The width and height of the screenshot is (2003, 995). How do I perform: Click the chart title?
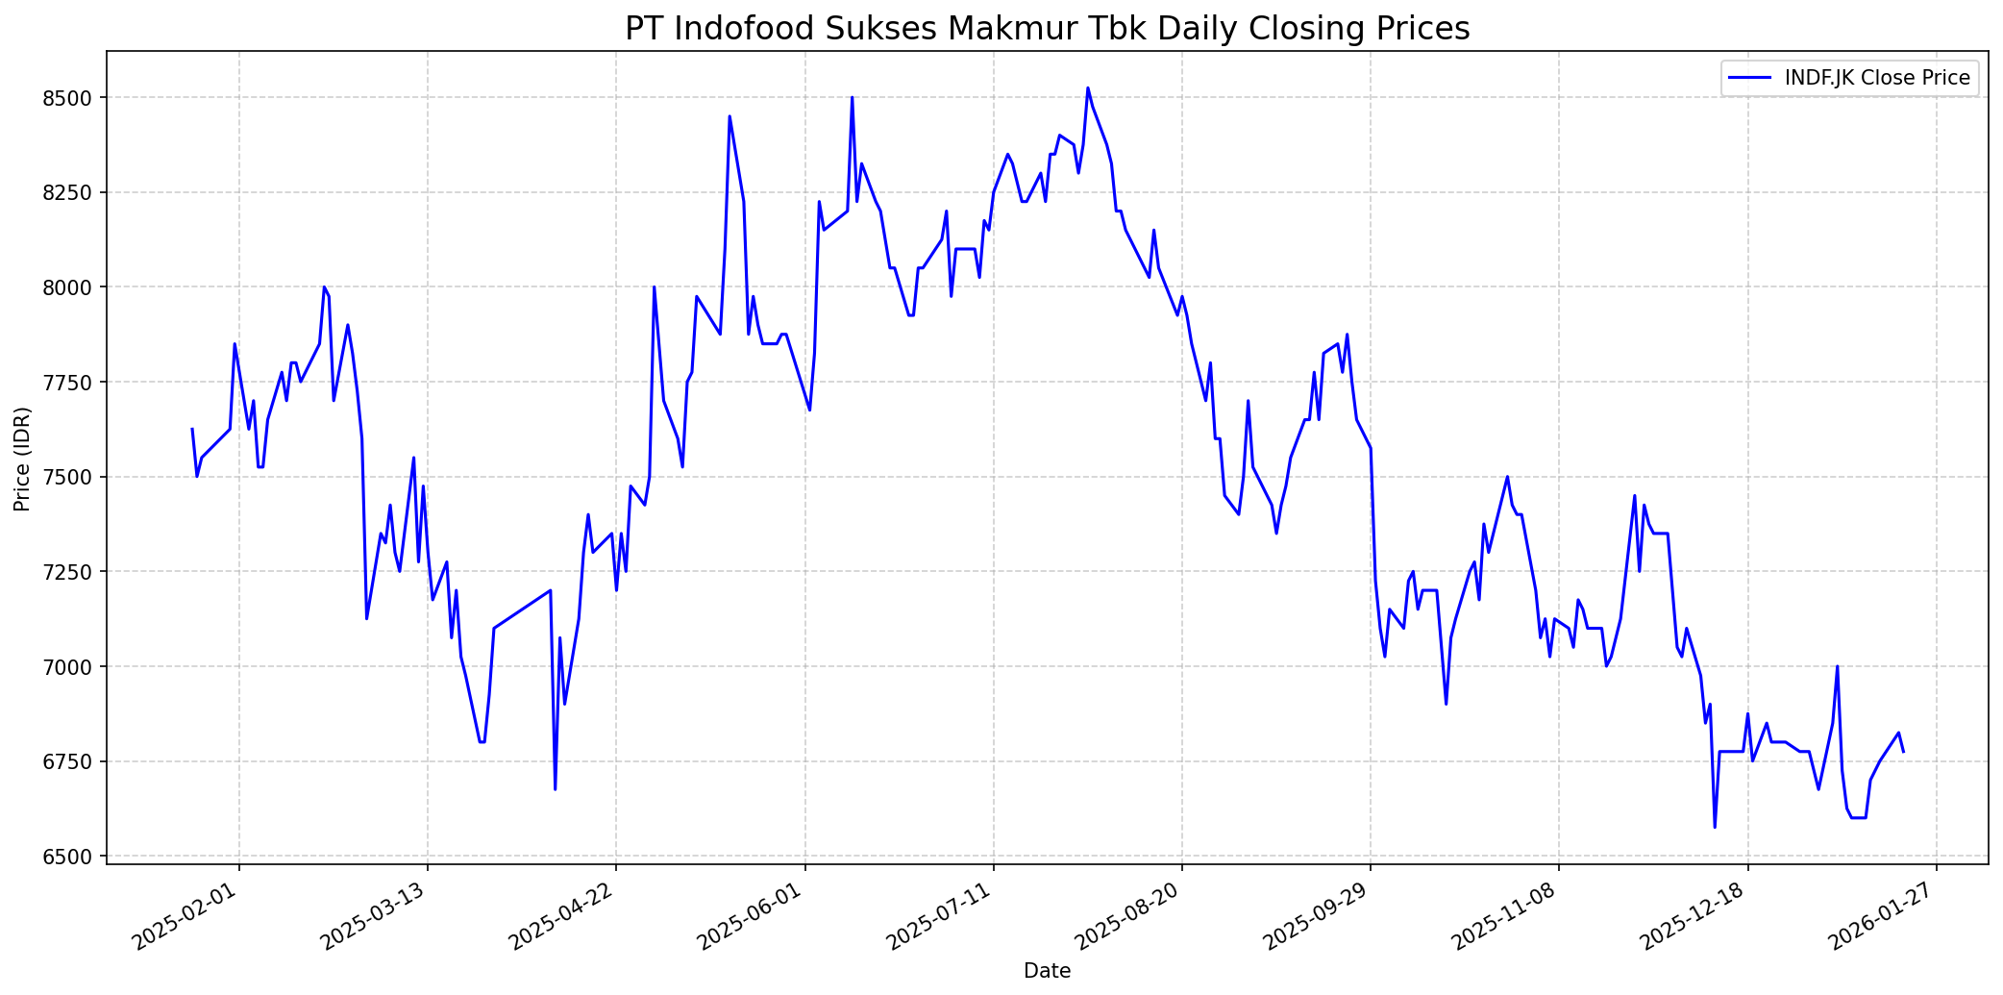point(1047,29)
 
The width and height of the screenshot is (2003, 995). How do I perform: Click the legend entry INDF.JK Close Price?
point(1876,78)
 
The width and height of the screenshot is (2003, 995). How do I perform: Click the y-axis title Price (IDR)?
point(23,459)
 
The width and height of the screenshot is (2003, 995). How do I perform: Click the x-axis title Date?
point(1047,971)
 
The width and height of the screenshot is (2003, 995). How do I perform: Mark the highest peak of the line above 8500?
point(1087,87)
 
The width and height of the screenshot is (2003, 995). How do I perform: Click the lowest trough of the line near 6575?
point(1715,828)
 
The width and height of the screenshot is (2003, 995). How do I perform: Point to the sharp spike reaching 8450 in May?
point(729,116)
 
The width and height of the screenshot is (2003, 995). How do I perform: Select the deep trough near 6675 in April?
point(556,789)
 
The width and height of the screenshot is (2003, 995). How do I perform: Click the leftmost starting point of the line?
point(192,429)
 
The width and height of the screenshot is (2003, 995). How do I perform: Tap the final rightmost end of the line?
point(1903,752)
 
